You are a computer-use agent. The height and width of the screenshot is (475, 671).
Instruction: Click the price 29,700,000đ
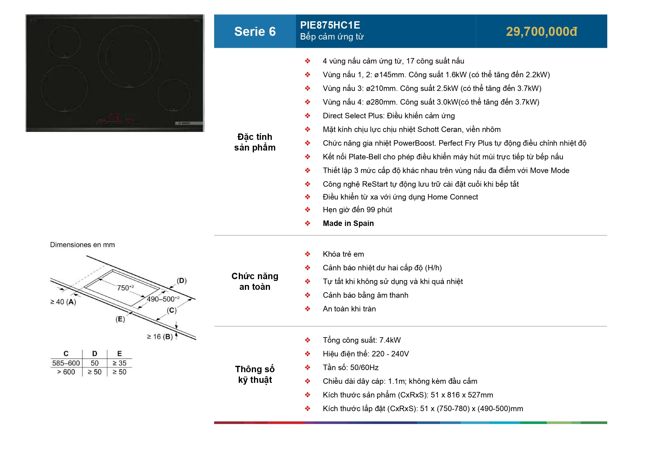pyautogui.click(x=541, y=32)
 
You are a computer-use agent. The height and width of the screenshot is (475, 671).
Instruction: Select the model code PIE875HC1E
pyautogui.click(x=330, y=25)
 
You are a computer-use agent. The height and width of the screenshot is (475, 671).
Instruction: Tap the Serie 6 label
pyautogui.click(x=255, y=32)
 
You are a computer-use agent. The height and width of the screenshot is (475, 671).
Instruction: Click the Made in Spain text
pyautogui.click(x=348, y=224)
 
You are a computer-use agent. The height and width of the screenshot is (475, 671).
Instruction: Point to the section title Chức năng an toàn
pyautogui.click(x=255, y=281)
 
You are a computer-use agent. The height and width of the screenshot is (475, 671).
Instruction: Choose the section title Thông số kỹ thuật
pyautogui.click(x=255, y=374)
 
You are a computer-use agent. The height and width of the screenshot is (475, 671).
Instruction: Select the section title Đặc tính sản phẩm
pyautogui.click(x=255, y=142)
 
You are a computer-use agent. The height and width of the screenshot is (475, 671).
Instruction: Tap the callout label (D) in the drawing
pyautogui.click(x=182, y=281)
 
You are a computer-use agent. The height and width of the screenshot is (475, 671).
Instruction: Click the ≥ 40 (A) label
pyautogui.click(x=63, y=302)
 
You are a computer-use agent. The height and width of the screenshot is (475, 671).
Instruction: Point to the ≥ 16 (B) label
pyautogui.click(x=160, y=337)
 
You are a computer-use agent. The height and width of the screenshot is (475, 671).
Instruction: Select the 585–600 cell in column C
pyautogui.click(x=66, y=363)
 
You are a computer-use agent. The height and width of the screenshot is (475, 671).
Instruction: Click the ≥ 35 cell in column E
pyautogui.click(x=119, y=363)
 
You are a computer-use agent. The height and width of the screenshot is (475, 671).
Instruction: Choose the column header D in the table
pyautogui.click(x=94, y=354)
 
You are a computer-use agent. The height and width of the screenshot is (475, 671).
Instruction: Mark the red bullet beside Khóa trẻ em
pyautogui.click(x=307, y=254)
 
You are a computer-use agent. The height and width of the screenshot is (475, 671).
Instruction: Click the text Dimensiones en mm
pyautogui.click(x=82, y=245)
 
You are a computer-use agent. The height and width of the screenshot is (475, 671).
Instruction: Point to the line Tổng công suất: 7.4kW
pyautogui.click(x=361, y=340)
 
